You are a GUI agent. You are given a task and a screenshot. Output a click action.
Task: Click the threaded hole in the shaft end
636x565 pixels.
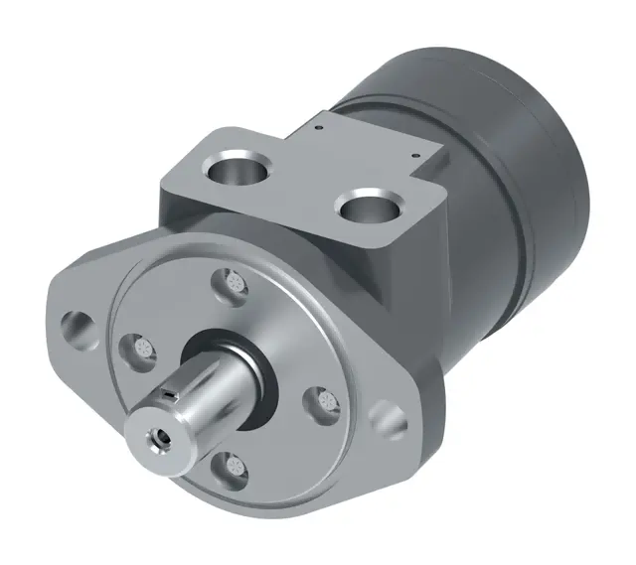coord(158,433)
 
